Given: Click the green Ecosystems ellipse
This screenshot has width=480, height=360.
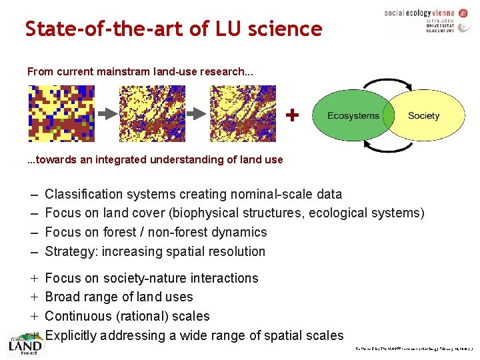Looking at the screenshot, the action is click(x=350, y=116).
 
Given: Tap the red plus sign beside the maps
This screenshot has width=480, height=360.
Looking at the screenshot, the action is click(x=291, y=115).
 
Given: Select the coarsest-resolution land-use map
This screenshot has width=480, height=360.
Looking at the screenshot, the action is click(x=61, y=114).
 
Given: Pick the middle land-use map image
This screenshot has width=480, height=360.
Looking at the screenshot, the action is click(x=152, y=114).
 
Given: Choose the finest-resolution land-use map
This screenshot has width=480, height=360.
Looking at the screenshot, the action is click(x=243, y=114).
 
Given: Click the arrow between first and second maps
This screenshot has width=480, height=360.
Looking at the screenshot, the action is click(x=107, y=114).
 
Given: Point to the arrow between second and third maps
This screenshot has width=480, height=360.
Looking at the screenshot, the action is click(x=197, y=114).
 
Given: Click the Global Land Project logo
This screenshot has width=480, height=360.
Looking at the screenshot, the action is click(x=25, y=345).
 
